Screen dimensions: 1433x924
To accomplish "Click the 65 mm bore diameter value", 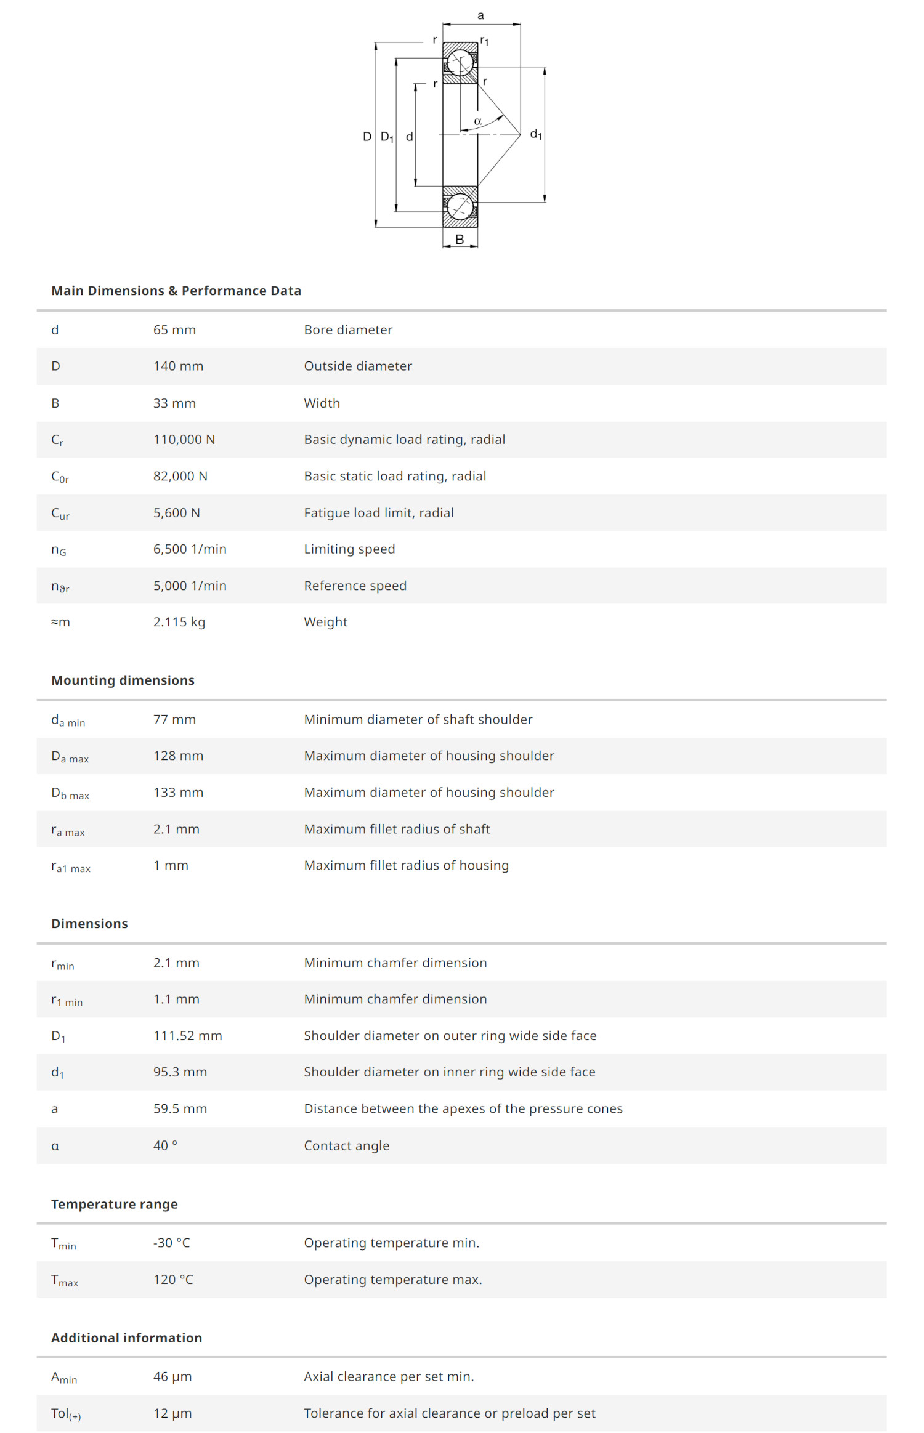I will click(174, 330).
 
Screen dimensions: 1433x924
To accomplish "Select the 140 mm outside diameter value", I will click(178, 366).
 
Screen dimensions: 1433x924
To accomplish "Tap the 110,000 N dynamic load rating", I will click(184, 440).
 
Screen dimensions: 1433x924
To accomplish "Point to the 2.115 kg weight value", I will click(179, 622).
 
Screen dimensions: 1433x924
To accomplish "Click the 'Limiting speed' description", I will click(349, 549).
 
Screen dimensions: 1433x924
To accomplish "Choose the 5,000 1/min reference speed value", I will click(190, 586).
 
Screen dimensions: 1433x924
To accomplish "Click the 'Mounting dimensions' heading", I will click(123, 680).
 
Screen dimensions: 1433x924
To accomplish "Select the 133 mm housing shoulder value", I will click(178, 793).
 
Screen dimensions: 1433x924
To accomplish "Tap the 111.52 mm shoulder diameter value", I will click(187, 1036).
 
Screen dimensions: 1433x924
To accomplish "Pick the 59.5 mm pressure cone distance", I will click(180, 1108).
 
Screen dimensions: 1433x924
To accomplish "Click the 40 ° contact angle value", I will click(165, 1145).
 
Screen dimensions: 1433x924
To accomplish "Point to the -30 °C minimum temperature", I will click(171, 1243).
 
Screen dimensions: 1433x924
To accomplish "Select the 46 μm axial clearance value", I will click(172, 1376).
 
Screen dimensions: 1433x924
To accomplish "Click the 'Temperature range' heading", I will click(114, 1204).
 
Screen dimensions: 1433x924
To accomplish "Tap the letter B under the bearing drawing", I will click(460, 240).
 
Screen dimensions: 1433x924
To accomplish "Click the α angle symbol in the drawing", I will click(478, 121).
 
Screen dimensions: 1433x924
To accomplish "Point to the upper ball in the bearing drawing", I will click(460, 62).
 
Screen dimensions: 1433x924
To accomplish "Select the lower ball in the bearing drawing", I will click(460, 207).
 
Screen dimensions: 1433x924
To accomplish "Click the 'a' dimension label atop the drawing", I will click(481, 15).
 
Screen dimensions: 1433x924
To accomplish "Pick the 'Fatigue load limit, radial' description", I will click(378, 513).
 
